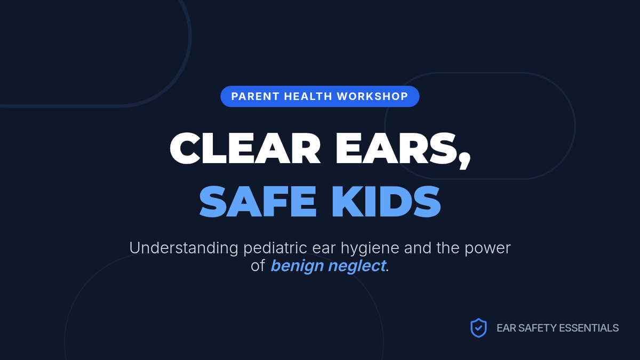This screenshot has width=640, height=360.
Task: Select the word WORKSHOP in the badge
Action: tap(373, 97)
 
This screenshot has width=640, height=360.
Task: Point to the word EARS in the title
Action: tap(396, 148)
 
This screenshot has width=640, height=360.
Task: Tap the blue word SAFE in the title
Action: tap(258, 202)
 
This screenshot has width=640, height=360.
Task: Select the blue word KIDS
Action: tap(386, 202)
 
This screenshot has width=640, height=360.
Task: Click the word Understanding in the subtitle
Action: tap(183, 247)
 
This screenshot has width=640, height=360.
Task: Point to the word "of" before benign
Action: tap(258, 266)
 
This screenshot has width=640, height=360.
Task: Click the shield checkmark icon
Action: tap(478, 328)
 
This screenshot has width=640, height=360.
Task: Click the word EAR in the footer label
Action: tap(506, 328)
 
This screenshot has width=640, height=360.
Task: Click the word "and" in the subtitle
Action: tap(418, 247)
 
